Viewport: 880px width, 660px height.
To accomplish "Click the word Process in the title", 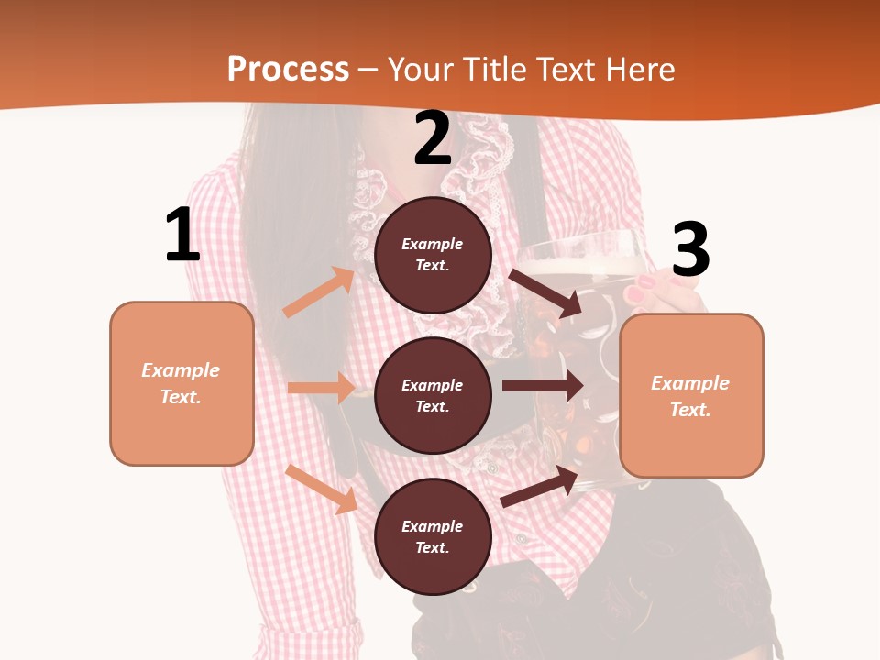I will tap(288, 70).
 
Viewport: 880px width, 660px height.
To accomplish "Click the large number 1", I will tap(182, 236).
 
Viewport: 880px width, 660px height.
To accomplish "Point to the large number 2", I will tap(433, 139).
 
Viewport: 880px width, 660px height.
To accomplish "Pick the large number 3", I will tap(690, 250).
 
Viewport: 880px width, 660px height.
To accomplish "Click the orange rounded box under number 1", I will tap(181, 383).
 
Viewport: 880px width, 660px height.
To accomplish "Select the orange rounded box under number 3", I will tap(691, 395).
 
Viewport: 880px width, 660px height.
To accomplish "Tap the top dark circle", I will tap(433, 255).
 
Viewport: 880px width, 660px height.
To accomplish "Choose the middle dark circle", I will tap(433, 395).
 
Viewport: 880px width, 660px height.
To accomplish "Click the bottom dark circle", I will tap(433, 536).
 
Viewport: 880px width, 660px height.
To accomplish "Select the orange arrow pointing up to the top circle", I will tap(319, 292).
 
